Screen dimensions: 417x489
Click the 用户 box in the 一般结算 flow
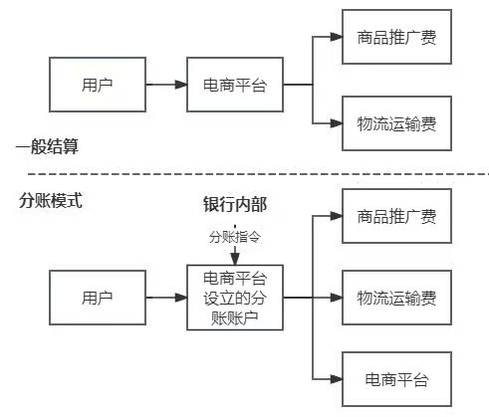(97, 84)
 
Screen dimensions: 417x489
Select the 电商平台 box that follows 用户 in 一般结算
(234, 84)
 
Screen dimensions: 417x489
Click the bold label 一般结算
(47, 147)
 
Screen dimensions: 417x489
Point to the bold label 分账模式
(51, 199)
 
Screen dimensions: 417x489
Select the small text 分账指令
(235, 237)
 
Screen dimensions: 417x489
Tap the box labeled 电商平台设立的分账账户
(235, 297)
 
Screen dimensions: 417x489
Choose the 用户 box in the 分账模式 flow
(97, 297)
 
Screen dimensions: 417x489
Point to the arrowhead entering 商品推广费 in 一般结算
(334, 38)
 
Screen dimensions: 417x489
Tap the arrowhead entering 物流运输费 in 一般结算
(334, 124)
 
